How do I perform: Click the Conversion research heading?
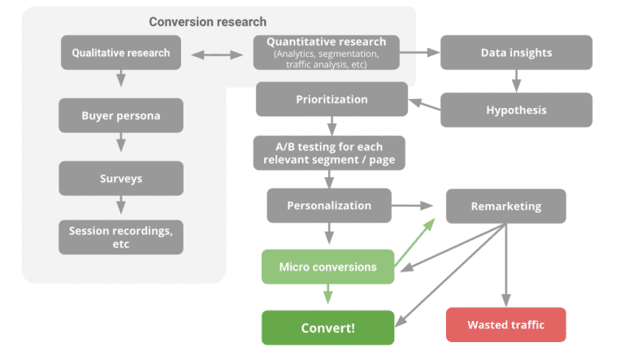click(207, 22)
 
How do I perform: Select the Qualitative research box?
click(121, 53)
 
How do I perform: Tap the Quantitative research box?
click(331, 52)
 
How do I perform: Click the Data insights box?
click(516, 53)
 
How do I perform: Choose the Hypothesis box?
click(516, 110)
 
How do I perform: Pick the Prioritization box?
click(331, 99)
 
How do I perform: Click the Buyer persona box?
click(121, 115)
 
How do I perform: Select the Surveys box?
click(121, 177)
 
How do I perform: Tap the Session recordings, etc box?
click(121, 236)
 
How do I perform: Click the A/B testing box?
click(328, 153)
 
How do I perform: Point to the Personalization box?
click(329, 206)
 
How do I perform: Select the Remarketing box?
click(505, 206)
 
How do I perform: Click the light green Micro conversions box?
click(327, 267)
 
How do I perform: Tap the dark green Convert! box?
click(327, 327)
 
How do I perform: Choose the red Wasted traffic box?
click(505, 325)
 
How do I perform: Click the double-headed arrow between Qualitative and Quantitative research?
click(216, 54)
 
